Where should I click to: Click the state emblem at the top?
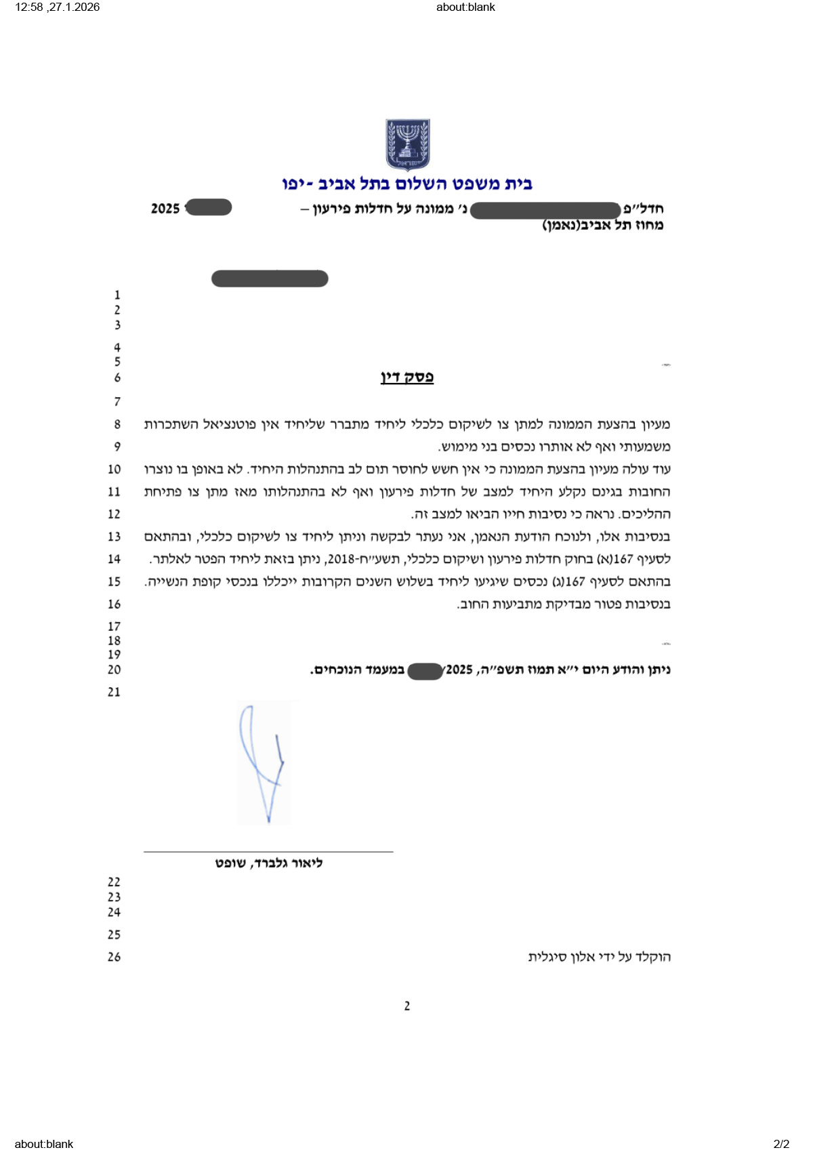[x=407, y=144]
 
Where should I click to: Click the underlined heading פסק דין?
[x=406, y=377]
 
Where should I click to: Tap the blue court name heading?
[x=407, y=184]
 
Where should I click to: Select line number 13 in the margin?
[x=114, y=537]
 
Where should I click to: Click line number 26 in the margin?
[x=114, y=957]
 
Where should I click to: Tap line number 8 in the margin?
[x=117, y=424]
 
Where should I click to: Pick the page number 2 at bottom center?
[x=406, y=1006]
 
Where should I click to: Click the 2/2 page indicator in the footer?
[x=781, y=1144]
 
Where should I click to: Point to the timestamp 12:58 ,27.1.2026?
[x=58, y=7]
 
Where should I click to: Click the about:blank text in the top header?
[x=465, y=7]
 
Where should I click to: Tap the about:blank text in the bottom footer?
[x=44, y=1144]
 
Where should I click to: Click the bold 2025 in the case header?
[x=165, y=209]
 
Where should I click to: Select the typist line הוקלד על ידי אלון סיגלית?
[x=599, y=957]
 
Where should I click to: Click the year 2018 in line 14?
[x=341, y=559]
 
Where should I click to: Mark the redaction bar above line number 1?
[x=270, y=279]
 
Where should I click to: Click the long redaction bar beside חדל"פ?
[x=545, y=210]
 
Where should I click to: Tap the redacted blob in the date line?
[x=425, y=671]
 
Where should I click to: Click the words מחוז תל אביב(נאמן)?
[x=602, y=225]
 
